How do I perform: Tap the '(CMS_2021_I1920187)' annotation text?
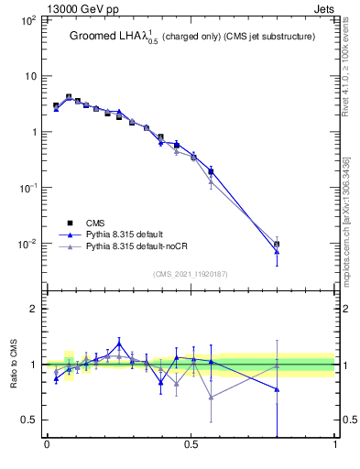[x=190, y=273]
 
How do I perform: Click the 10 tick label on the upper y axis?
[x=29, y=76]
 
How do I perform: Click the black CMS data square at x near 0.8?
[x=277, y=245]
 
